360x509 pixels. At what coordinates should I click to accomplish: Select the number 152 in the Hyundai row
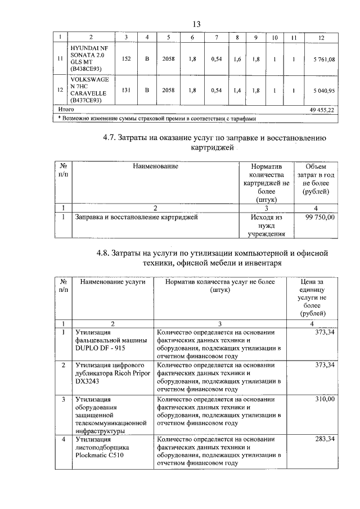tap(127, 59)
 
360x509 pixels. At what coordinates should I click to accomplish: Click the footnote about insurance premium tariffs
tap(157, 119)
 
